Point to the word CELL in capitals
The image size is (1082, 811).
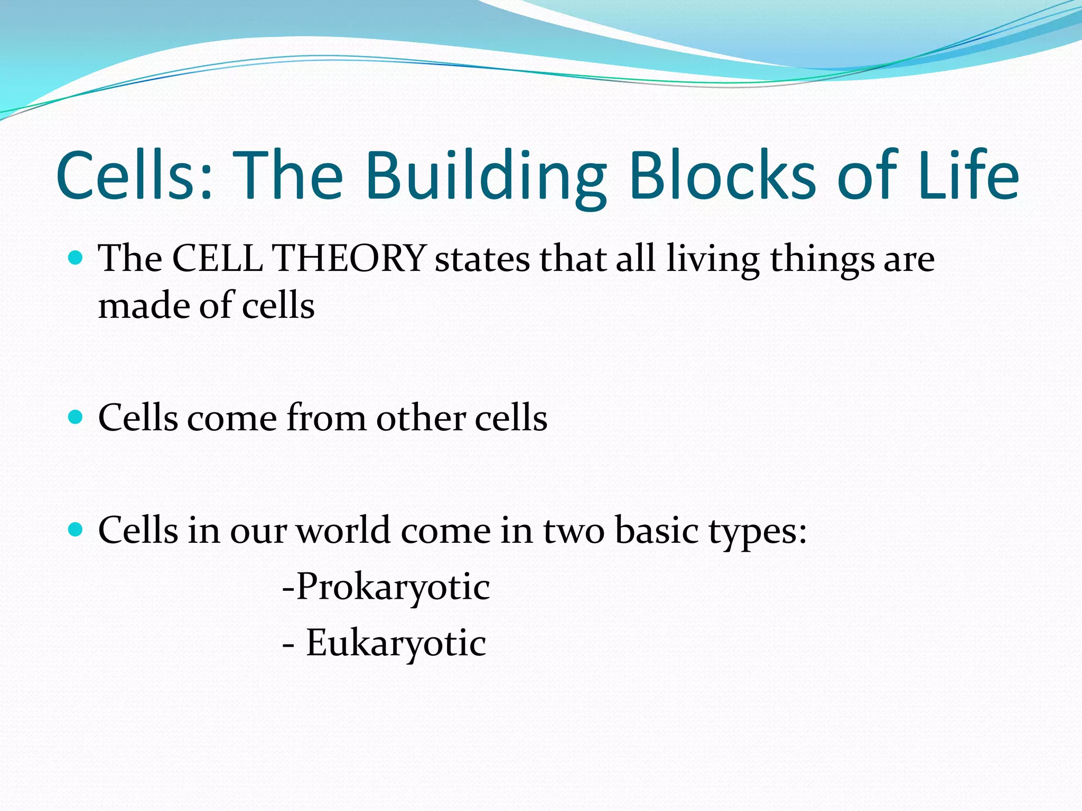pyautogui.click(x=218, y=259)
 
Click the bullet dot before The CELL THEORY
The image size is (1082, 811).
pyautogui.click(x=76, y=258)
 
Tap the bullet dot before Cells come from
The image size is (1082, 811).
pyautogui.click(x=76, y=418)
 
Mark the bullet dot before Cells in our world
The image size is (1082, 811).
pyautogui.click(x=76, y=530)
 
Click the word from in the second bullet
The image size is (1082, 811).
pyautogui.click(x=326, y=418)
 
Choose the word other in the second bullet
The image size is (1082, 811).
pyautogui.click(x=421, y=418)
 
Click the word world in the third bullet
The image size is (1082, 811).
pyautogui.click(x=343, y=530)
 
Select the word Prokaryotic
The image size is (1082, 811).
pyautogui.click(x=393, y=587)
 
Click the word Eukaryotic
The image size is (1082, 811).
pyautogui.click(x=396, y=644)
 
